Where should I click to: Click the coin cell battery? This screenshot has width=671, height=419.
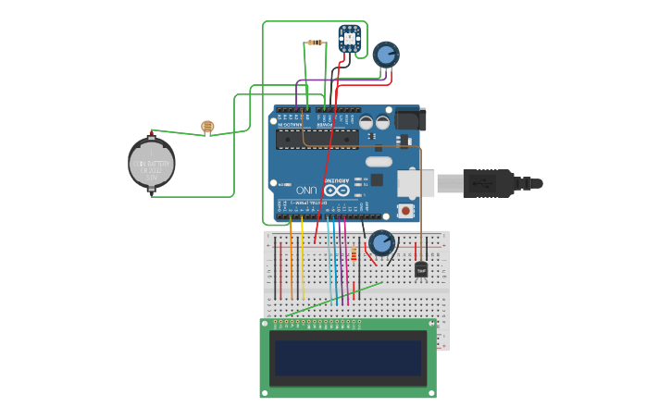(152, 164)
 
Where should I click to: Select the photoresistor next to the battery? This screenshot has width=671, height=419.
(207, 127)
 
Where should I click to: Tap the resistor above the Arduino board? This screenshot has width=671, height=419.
(315, 43)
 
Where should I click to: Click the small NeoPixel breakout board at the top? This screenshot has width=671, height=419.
(349, 37)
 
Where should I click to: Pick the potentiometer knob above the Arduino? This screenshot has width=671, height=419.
(385, 54)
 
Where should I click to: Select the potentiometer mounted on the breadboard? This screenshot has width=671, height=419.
(381, 243)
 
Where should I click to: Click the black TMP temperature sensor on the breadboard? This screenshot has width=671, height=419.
(421, 269)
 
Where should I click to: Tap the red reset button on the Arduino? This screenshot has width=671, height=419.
(405, 210)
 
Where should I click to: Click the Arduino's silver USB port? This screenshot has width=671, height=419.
(416, 183)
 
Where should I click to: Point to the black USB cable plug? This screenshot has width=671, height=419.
(488, 183)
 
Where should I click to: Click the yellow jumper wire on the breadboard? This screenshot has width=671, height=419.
(302, 259)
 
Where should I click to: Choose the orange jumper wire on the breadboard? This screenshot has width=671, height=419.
(291, 259)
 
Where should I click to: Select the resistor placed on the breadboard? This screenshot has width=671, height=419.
(353, 254)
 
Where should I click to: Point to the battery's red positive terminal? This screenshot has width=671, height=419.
(152, 132)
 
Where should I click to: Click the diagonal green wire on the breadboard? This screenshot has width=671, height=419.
(333, 299)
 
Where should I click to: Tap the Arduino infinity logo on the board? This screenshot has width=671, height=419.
(337, 190)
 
